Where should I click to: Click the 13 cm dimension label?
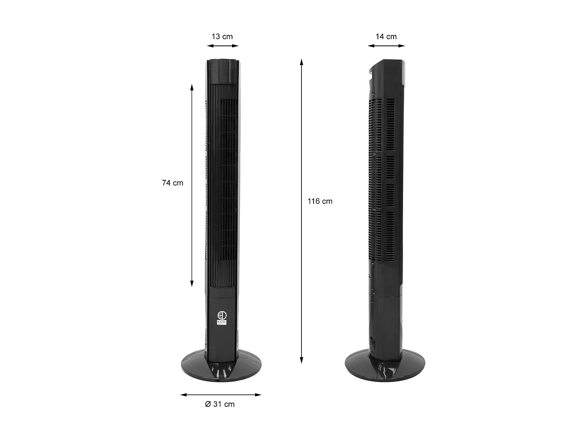tap(222, 36)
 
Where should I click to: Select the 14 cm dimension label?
tap(386, 36)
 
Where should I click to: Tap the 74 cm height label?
tap(172, 183)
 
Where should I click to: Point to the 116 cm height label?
tap(320, 201)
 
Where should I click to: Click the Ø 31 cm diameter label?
tap(220, 404)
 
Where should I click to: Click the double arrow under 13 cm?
tap(223, 46)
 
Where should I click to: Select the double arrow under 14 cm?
tap(386, 46)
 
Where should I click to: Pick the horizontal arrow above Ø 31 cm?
tap(221, 395)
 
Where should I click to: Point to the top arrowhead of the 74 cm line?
tap(192, 87)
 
